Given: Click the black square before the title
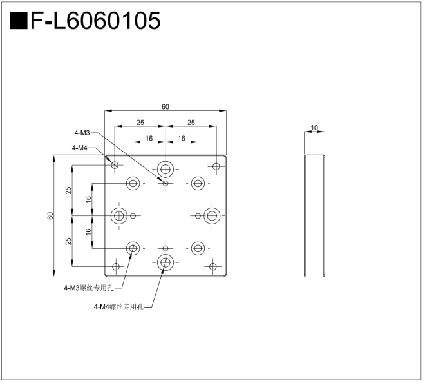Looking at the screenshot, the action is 19,21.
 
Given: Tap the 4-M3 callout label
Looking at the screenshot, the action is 82,133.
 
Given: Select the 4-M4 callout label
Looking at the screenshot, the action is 80,148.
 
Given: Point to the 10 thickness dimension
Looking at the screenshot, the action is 314,127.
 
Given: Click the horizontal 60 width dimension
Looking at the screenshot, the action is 165,106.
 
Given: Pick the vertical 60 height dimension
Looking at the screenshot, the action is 50,216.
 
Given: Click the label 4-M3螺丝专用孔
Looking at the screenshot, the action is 89,288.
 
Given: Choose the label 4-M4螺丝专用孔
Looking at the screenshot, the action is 118,307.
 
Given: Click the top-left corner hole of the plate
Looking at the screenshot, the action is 115,165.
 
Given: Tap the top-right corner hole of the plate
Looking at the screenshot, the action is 216,166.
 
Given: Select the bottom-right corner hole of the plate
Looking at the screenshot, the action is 213,266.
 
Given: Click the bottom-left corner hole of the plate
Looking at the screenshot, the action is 116,266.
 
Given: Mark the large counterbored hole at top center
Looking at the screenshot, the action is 165,169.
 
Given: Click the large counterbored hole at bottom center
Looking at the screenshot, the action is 165,262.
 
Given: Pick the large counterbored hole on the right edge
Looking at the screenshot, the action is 212,216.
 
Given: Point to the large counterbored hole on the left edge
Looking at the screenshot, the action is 119,216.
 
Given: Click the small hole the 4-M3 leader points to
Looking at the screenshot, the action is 165,183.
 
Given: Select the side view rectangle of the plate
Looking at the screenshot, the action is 314,216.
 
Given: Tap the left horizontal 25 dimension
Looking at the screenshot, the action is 140,123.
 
